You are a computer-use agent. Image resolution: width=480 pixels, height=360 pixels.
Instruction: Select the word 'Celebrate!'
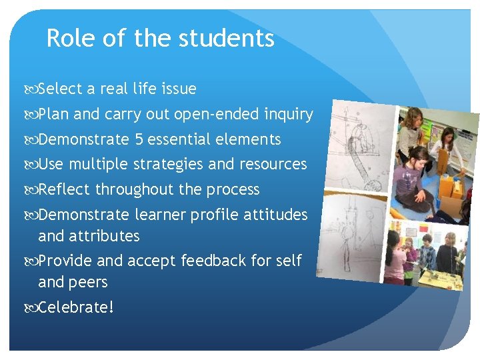click(x=76, y=307)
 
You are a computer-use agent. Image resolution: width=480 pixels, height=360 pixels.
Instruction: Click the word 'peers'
click(x=91, y=282)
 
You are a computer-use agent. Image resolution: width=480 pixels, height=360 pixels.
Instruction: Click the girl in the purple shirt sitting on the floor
click(x=411, y=184)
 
